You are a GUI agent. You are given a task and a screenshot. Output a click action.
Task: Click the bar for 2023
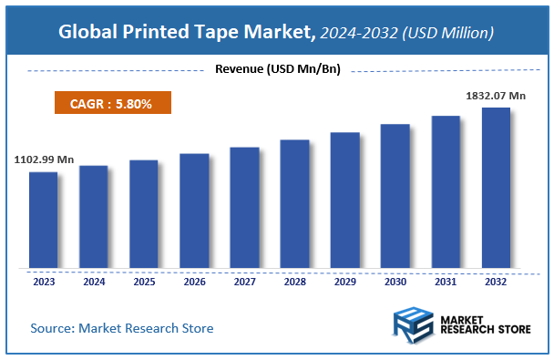pyautogui.click(x=44, y=221)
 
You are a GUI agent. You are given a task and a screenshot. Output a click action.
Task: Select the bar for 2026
pyautogui.click(x=194, y=211)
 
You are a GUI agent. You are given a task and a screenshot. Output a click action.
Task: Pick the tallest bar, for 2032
pyautogui.click(x=496, y=189)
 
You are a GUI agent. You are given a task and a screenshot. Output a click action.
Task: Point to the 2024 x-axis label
pyautogui.click(x=94, y=282)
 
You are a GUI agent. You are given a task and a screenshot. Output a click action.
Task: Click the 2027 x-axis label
pyautogui.click(x=244, y=282)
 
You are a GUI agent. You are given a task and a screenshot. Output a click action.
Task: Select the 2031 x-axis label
pyautogui.click(x=446, y=282)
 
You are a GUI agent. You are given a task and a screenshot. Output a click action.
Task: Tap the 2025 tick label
pyautogui.click(x=144, y=282)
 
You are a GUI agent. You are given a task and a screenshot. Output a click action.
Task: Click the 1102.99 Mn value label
pyautogui.click(x=44, y=159)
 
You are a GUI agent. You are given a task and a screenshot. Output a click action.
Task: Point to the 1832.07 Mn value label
pyautogui.click(x=496, y=94)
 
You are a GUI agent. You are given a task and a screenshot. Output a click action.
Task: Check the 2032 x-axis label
pyautogui.click(x=496, y=282)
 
